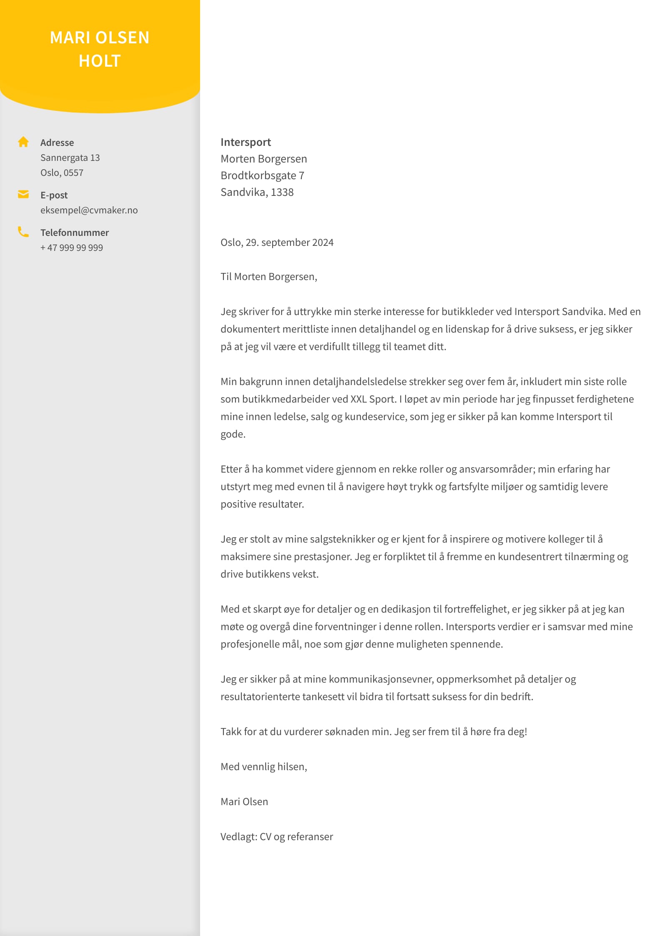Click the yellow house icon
tap(23, 142)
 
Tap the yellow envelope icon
tap(23, 194)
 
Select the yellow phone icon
tap(23, 232)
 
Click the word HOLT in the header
tap(100, 61)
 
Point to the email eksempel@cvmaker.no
tap(89, 210)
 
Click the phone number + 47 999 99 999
tap(72, 248)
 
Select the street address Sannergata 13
tap(70, 158)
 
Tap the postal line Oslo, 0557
tap(62, 173)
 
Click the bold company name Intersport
tap(246, 142)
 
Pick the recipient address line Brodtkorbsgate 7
tap(262, 175)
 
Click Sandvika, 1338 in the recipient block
tap(257, 192)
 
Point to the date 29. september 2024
tap(289, 243)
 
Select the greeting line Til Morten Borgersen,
tap(268, 277)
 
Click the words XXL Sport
tap(373, 399)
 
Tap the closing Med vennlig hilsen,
tap(263, 767)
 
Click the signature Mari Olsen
tap(244, 802)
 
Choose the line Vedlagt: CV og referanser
tap(276, 837)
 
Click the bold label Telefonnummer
tap(74, 233)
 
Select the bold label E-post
tap(54, 195)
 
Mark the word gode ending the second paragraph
tap(232, 434)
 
